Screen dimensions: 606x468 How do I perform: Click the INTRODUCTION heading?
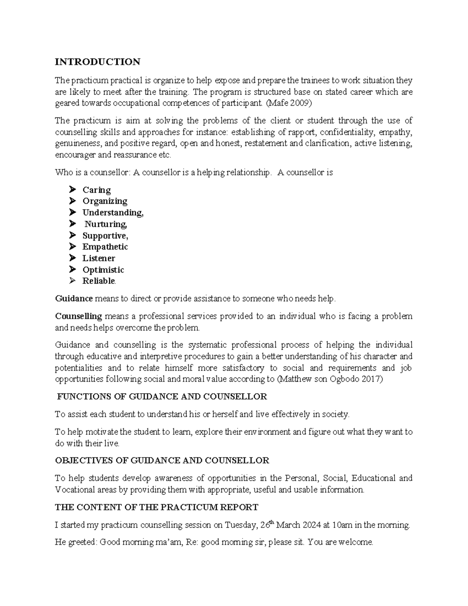click(97, 62)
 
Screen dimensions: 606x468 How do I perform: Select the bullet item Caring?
click(96, 190)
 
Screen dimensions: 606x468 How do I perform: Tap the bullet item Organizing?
click(105, 201)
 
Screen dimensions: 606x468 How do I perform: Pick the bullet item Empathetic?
click(105, 247)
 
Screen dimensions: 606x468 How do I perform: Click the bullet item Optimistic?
click(103, 270)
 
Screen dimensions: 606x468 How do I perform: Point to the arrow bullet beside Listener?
click(72, 258)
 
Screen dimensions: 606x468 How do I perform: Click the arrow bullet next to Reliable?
click(72, 281)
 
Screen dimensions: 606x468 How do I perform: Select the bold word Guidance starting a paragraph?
click(74, 299)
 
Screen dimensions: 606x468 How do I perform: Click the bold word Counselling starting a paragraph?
click(78, 316)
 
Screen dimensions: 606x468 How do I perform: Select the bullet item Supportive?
click(105, 236)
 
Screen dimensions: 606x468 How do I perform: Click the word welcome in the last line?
click(358, 543)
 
